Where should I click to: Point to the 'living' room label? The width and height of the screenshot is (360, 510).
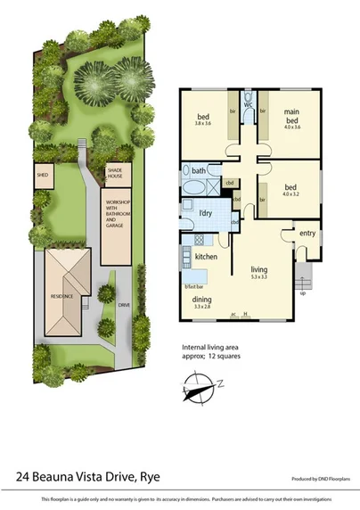tap(259, 269)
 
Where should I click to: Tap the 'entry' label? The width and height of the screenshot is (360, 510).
tap(307, 233)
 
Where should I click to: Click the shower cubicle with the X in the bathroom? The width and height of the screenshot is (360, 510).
tap(212, 185)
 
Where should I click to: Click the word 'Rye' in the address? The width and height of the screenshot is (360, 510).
tap(158, 476)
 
